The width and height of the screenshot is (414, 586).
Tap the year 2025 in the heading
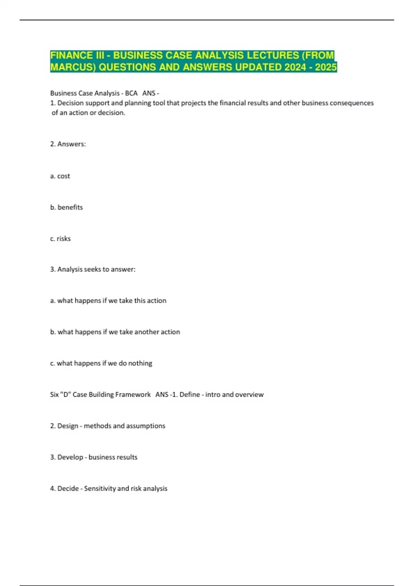coord(326,67)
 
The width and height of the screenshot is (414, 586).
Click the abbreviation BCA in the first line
coord(131,93)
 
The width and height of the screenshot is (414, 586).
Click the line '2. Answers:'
coord(68,144)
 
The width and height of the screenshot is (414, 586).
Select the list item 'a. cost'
coord(60,176)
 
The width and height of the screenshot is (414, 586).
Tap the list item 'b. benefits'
coord(67,208)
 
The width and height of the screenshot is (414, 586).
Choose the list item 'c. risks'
coord(60,239)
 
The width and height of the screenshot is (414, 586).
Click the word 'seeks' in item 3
coord(92,269)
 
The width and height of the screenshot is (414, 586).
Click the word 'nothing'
coord(140,363)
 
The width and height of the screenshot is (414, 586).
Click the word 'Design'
coord(68,426)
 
